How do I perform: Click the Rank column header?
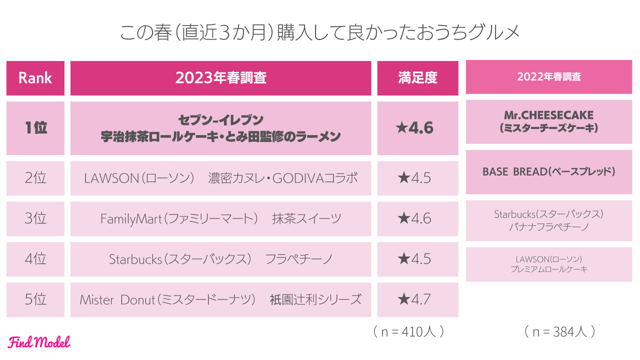pos(35,78)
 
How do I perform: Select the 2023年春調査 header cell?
pos(220,78)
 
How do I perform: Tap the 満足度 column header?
pos(417,78)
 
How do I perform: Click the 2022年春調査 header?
pos(548,77)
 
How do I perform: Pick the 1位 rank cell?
pos(35,128)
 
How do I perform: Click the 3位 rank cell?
pos(35,218)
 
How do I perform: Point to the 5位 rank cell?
pos(35,299)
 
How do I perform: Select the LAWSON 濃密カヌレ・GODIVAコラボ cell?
pos(220,178)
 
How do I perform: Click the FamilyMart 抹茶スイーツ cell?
pos(220,218)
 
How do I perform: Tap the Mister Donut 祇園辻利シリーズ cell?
pos(220,299)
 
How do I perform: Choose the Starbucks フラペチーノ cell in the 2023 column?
pos(220,259)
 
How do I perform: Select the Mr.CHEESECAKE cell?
pos(548,121)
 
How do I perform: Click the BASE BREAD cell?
pos(548,171)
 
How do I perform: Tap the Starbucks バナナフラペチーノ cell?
pos(548,220)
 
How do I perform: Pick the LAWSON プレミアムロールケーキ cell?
pos(548,264)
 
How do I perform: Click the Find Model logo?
pos(39,342)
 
